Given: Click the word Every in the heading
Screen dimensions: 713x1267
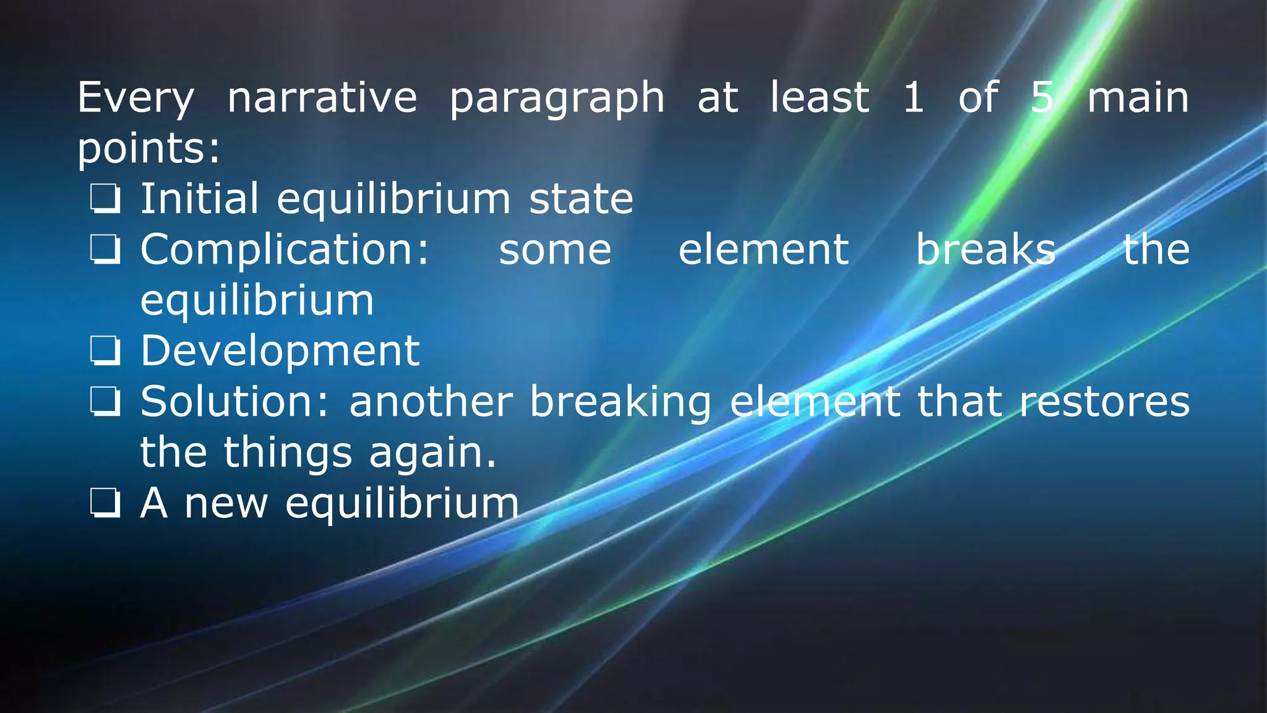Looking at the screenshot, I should click(x=135, y=98).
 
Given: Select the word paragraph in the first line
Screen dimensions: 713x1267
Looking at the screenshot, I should click(x=557, y=99).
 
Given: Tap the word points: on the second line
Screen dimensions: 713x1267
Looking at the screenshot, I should click(x=148, y=150).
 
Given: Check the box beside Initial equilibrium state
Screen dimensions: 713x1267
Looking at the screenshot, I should click(x=105, y=199).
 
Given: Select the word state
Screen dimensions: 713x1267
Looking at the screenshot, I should click(x=581, y=199).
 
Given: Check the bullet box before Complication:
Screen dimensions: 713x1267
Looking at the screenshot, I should click(x=105, y=250).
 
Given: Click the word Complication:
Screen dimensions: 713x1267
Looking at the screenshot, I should click(x=285, y=250).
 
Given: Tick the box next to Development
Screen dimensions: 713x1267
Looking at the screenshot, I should click(x=105, y=352).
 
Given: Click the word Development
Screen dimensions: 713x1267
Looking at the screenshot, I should click(x=280, y=352).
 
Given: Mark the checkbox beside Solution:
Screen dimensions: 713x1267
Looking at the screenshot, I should click(x=105, y=402).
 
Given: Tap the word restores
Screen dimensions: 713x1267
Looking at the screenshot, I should click(x=1104, y=402).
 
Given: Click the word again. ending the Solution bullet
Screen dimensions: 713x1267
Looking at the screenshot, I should click(x=432, y=452).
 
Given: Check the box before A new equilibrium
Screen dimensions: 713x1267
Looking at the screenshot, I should click(x=105, y=503).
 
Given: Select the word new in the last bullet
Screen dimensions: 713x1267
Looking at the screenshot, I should click(x=226, y=503).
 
